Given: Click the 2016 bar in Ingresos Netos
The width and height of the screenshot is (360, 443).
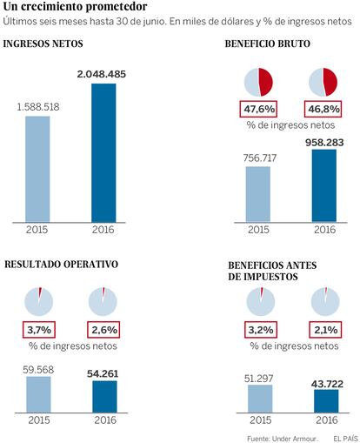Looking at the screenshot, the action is pos(103,153).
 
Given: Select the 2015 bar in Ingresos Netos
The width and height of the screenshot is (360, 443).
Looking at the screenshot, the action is pos(37,169).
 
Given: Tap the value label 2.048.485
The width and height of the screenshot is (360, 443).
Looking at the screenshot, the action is pos(102,74).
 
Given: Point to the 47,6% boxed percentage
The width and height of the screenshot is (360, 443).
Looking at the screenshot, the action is pos(258,109).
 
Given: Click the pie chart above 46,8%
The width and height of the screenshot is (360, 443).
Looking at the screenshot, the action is pos(323,82).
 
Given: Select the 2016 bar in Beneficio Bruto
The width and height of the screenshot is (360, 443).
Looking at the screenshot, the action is pos(324,186).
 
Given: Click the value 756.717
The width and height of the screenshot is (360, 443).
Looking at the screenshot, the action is pos(260,158).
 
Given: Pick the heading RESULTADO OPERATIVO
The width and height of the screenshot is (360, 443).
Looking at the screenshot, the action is pos(62,265).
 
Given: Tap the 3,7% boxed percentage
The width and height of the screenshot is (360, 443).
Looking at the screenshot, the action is pos(39,330).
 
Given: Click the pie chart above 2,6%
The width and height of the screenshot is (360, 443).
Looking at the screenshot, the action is pos(103,302).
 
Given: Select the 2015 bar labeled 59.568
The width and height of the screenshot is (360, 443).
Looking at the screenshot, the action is pos(38,394).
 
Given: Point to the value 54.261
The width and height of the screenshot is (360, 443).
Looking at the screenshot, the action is pos(103,373).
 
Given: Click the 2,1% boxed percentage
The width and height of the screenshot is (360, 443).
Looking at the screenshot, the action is pos(325,330).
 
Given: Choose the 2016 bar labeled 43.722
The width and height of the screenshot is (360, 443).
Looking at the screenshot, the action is pos(326,401).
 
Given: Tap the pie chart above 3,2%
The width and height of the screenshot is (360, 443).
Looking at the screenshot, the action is pos(261,302).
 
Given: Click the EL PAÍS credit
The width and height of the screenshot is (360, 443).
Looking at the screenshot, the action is pos(346,439).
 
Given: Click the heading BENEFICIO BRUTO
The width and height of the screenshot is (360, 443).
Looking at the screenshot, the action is pos(268,44).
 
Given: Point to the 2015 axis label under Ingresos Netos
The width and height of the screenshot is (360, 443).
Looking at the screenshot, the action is pos(37,230).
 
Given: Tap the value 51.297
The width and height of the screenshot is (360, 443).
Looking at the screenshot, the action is pos(259,379).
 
